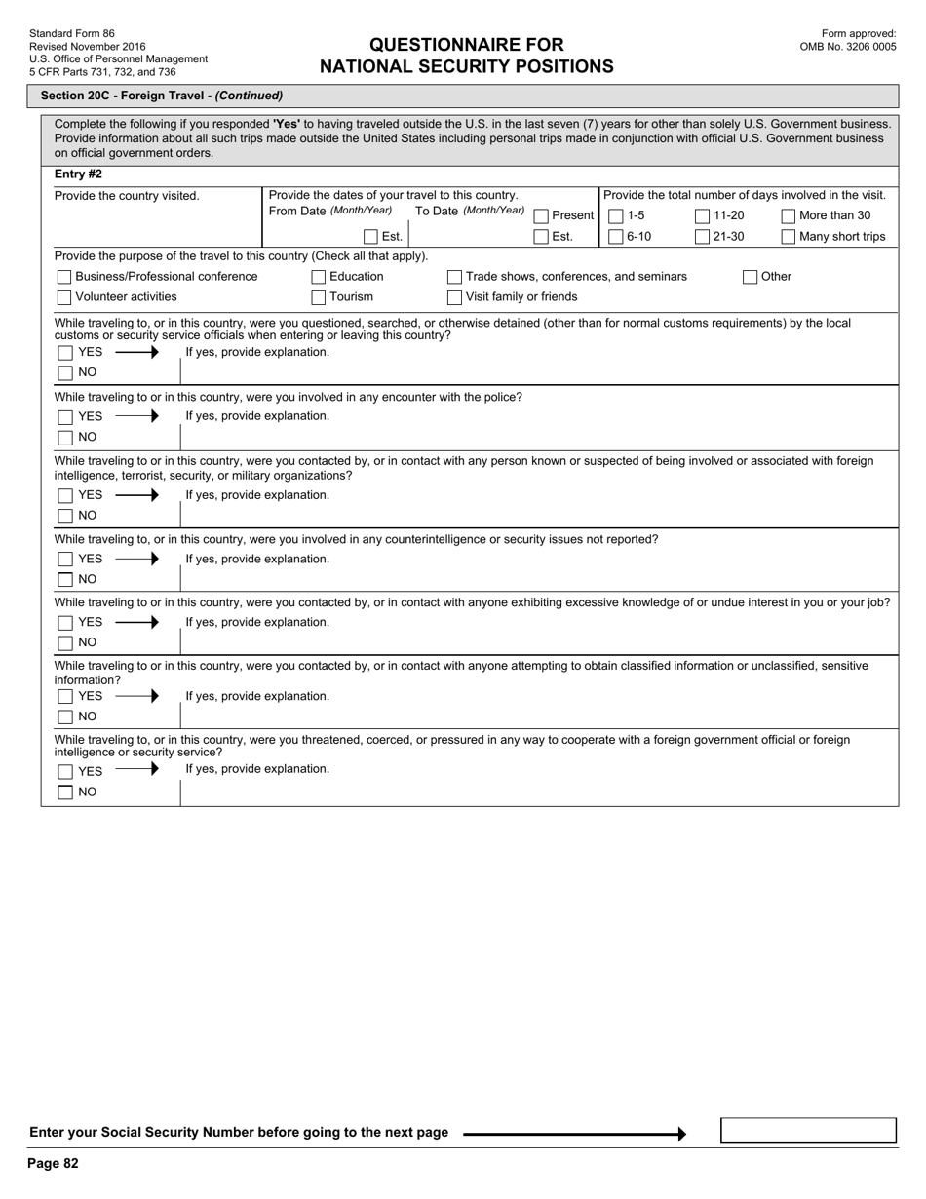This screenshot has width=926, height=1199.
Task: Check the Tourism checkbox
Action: tap(319, 297)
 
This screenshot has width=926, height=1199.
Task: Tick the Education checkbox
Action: tap(319, 277)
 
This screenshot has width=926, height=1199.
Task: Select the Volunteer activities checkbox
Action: tap(64, 297)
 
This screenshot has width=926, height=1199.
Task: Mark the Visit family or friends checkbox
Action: tap(454, 297)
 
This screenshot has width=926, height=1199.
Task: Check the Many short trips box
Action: tap(789, 237)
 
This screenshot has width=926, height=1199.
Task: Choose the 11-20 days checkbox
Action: tap(702, 216)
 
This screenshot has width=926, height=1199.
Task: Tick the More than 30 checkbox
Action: tap(789, 216)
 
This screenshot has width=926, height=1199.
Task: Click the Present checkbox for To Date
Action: tap(541, 216)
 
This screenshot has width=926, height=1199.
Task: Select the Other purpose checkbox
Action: tap(750, 277)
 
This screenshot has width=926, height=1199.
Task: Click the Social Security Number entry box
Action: tap(808, 1131)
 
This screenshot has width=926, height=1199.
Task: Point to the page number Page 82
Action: tap(53, 1163)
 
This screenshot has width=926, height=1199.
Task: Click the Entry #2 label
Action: tap(78, 174)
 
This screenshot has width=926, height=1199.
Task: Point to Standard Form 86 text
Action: tap(71, 33)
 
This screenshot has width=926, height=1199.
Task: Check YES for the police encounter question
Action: tap(65, 417)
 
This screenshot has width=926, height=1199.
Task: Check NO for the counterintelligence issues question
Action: tap(65, 580)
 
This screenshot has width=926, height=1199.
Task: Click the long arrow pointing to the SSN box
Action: tap(574, 1134)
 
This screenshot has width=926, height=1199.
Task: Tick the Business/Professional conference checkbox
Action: tap(64, 277)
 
